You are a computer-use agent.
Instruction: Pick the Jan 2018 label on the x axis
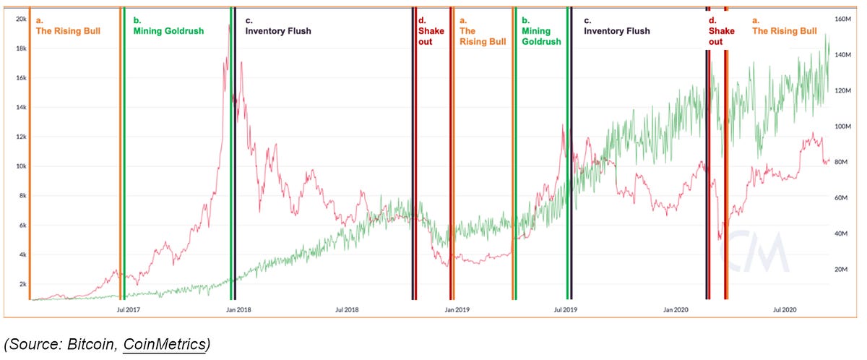point(238,310)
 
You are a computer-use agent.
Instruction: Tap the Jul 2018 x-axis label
point(348,310)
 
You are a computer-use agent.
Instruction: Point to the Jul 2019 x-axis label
point(566,310)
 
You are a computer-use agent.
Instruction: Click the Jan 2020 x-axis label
point(676,310)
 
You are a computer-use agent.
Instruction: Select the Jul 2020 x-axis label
point(785,310)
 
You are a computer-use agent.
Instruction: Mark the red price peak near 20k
point(229,25)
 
